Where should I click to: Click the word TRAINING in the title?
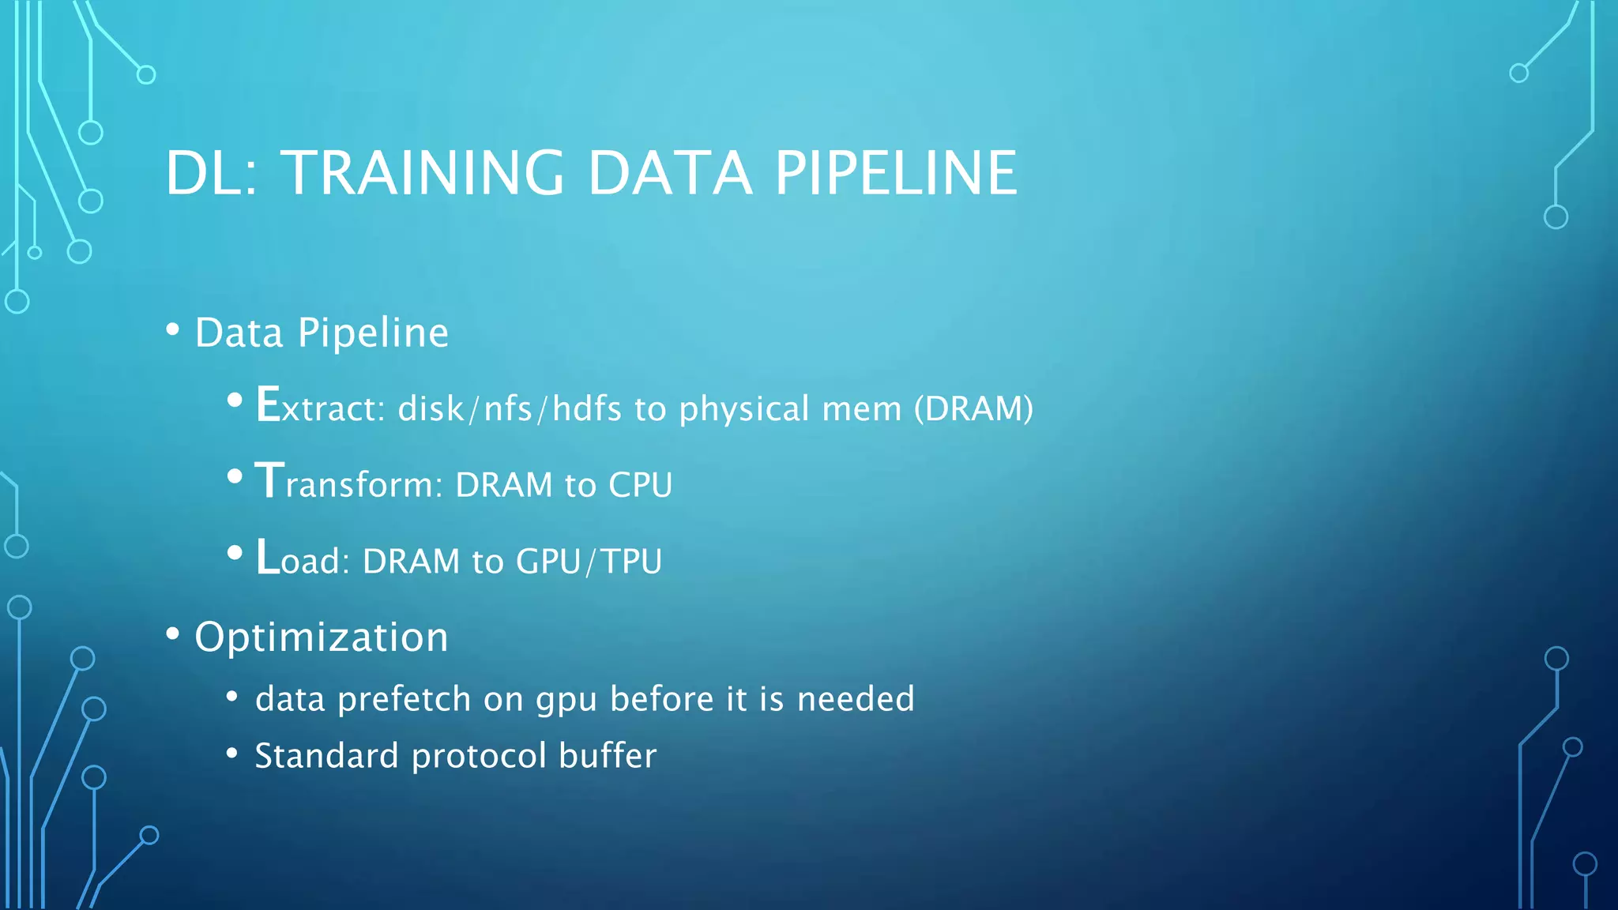click(x=423, y=173)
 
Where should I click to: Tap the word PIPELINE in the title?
click(x=896, y=173)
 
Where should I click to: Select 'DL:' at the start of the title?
click(x=211, y=173)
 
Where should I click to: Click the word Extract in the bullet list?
click(x=319, y=407)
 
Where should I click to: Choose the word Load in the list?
click(x=302, y=558)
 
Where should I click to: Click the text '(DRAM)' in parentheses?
click(x=973, y=408)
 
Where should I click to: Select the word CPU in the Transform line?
click(x=640, y=485)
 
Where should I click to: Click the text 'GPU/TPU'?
click(x=589, y=562)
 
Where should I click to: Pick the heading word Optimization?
click(x=322, y=637)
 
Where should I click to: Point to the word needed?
click(x=856, y=699)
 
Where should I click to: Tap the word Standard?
click(x=326, y=756)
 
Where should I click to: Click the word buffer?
click(x=608, y=756)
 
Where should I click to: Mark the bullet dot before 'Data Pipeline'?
click(x=173, y=329)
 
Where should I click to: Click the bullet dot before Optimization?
click(x=173, y=634)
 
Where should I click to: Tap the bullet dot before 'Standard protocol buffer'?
click(x=231, y=753)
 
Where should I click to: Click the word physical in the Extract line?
click(x=744, y=409)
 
